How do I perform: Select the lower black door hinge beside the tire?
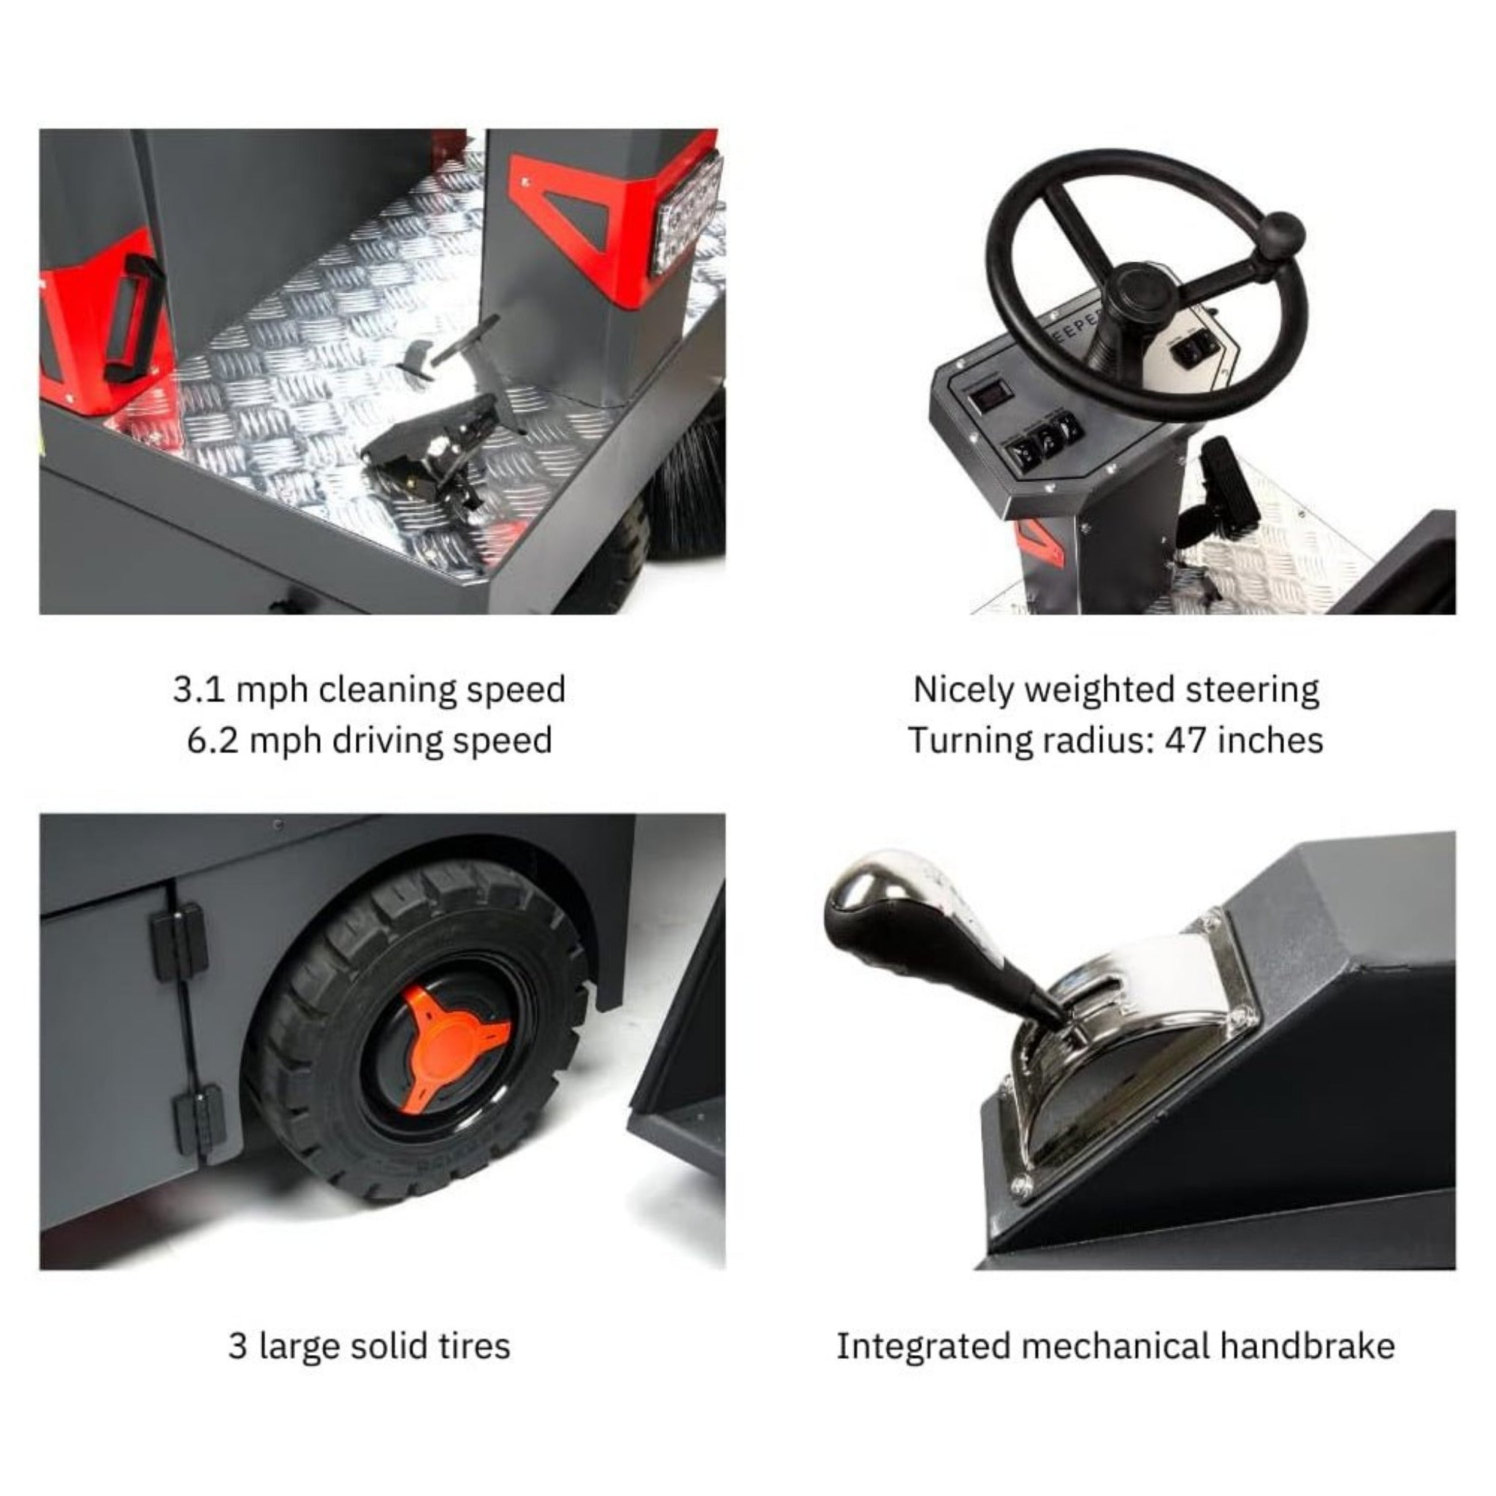point(199,1121)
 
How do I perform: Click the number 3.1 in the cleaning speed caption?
point(198,690)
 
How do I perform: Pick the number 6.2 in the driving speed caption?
point(212,740)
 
